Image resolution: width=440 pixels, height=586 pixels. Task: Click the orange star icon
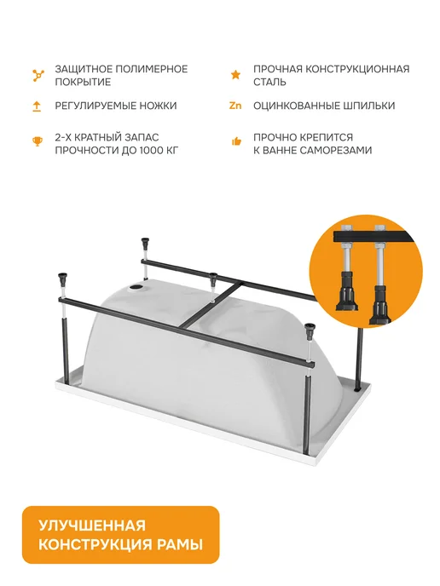[x=235, y=75]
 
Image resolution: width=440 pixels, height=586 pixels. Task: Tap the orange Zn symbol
[x=235, y=106]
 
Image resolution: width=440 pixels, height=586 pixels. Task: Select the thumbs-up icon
[x=236, y=141]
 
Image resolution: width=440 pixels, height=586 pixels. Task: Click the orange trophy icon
[x=37, y=141]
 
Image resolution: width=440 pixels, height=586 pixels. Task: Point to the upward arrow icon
[x=37, y=106]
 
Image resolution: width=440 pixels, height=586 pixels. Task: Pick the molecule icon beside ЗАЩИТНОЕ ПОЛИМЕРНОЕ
[x=38, y=75]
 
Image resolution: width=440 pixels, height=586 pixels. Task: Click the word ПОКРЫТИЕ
[x=83, y=82]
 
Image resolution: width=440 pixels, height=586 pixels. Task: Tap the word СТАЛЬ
[x=269, y=82]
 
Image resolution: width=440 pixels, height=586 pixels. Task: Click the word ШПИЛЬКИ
[x=369, y=106]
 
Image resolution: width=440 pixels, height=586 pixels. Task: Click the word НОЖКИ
[x=158, y=106]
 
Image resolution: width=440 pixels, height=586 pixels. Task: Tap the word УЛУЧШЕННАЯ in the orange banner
[x=92, y=526]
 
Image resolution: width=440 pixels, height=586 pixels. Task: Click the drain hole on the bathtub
[x=135, y=288]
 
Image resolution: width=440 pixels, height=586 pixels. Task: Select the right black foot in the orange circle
[x=380, y=305]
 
